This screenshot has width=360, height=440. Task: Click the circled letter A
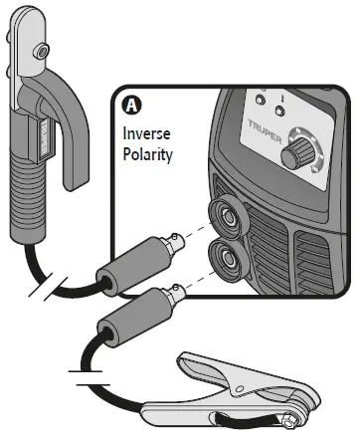130,103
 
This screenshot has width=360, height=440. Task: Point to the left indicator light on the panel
260,101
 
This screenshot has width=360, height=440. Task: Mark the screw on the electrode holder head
41,50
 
